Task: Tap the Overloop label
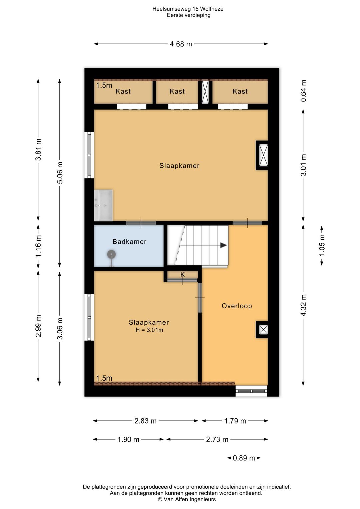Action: (237, 306)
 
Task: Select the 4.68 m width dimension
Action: (181, 44)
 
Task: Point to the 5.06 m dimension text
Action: (60, 173)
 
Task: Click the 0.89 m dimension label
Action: (244, 458)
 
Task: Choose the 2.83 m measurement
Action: (145, 421)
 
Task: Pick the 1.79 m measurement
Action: (235, 421)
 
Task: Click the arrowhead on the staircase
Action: (224, 245)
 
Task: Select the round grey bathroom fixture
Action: (111, 255)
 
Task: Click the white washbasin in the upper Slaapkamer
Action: (103, 206)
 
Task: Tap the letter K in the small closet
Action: (183, 275)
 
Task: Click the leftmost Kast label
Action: (123, 91)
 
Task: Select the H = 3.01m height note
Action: (149, 330)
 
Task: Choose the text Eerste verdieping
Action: (189, 15)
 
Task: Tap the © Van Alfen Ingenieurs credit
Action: (187, 499)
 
